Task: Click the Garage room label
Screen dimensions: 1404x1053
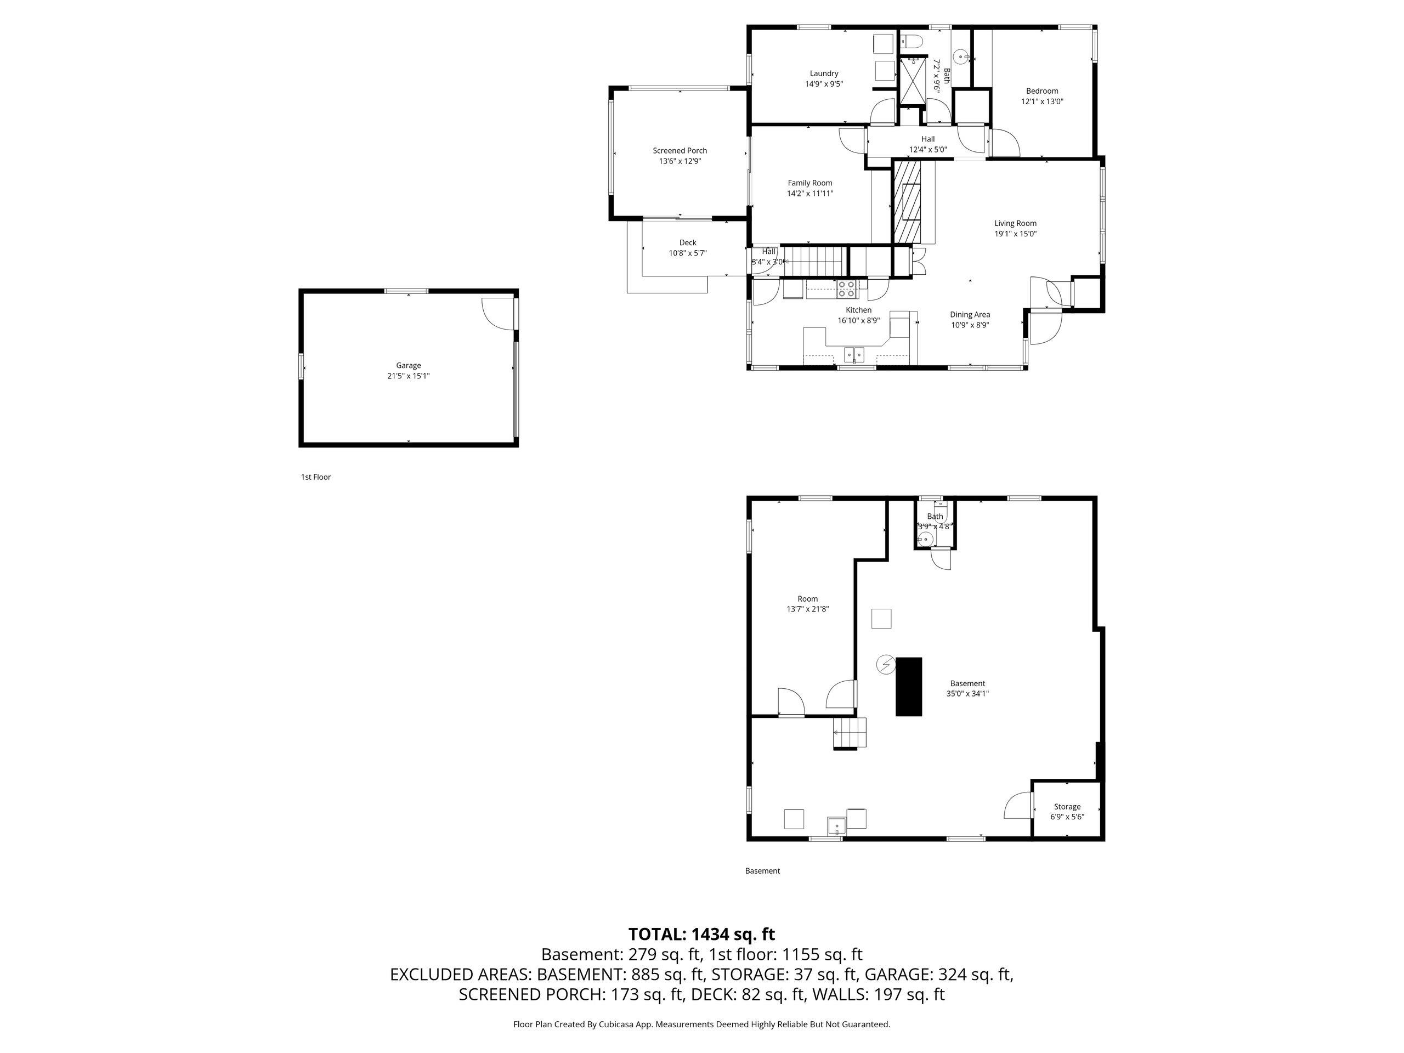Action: (x=408, y=366)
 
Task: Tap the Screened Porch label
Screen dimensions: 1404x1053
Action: (x=680, y=150)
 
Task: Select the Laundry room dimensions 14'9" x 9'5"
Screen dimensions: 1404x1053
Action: (x=824, y=84)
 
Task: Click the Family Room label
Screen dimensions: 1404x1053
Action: (x=810, y=183)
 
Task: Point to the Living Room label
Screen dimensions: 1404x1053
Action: (x=1016, y=223)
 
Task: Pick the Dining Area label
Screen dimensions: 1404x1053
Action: (x=970, y=315)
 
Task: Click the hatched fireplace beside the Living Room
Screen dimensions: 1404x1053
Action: (x=907, y=201)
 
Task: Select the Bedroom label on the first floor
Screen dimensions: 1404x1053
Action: (x=1042, y=90)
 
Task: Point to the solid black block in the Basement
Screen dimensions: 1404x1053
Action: (x=908, y=687)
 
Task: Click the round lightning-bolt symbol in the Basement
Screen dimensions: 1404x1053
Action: (x=885, y=665)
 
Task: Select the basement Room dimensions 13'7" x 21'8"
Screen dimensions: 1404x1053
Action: (x=807, y=609)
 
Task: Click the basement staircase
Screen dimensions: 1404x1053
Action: (x=850, y=733)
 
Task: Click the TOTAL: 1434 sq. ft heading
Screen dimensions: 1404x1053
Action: (x=701, y=935)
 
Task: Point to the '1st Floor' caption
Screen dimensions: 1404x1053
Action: (x=315, y=477)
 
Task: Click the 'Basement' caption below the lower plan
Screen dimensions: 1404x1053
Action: (x=762, y=871)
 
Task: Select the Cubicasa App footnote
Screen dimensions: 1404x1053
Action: (x=701, y=1024)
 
